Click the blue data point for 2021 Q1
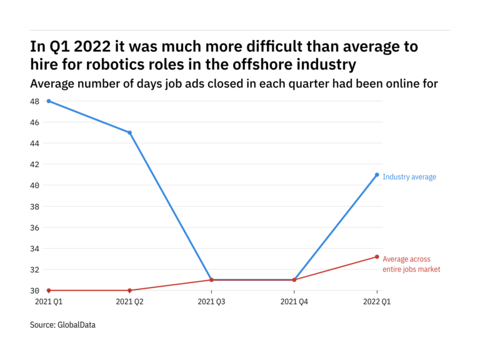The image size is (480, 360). click(49, 101)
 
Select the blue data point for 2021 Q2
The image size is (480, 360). click(129, 132)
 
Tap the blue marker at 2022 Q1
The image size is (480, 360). click(377, 175)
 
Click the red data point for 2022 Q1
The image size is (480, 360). click(377, 257)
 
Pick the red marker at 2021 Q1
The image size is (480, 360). click(49, 291)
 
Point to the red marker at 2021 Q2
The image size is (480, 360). click(129, 291)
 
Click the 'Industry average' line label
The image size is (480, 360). click(409, 177)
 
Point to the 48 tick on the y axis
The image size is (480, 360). click(34, 101)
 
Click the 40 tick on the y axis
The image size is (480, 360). click(34, 186)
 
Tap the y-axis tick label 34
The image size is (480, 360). click(34, 249)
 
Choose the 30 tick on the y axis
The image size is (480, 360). click(34, 291)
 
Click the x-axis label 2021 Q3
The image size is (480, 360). click(211, 302)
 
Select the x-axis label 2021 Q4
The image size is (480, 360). click(294, 302)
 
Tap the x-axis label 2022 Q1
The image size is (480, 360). click(377, 302)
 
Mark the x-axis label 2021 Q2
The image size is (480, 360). click(129, 302)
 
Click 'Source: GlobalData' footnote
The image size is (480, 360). click(63, 325)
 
